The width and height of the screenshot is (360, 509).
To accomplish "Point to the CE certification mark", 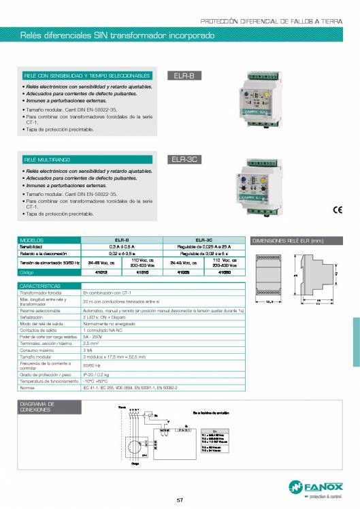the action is pyautogui.click(x=338, y=209).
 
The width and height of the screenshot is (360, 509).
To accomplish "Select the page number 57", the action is pyautogui.click(x=180, y=501).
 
